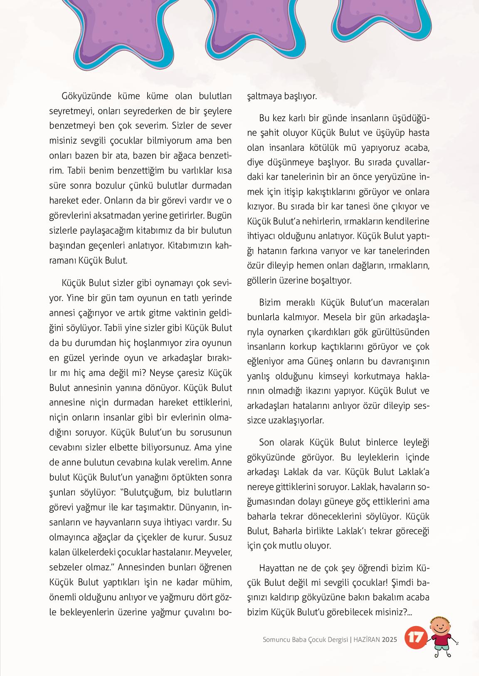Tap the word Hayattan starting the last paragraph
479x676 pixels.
[277, 567]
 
